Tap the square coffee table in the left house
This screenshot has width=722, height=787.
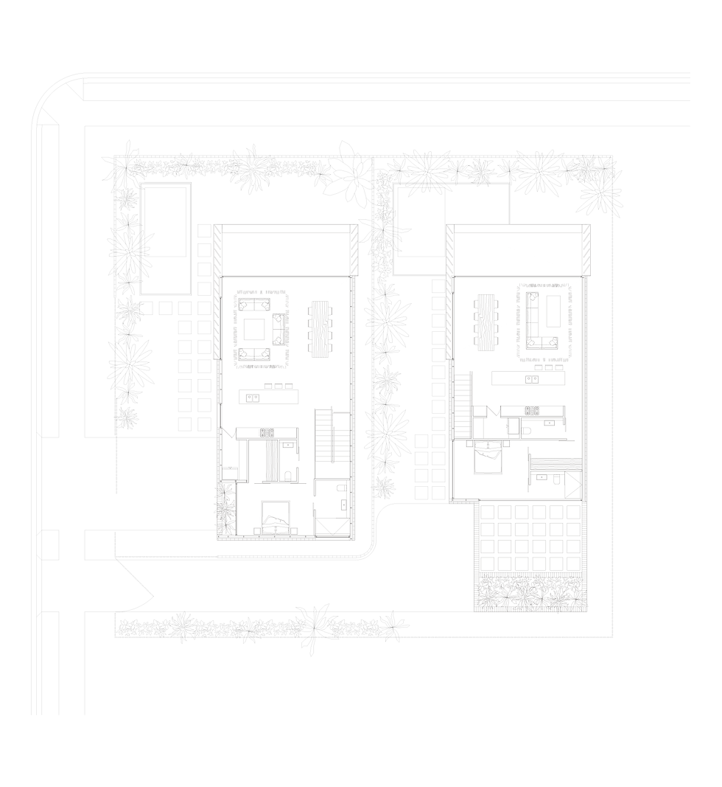click(x=254, y=329)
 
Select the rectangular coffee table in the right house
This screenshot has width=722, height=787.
click(x=553, y=311)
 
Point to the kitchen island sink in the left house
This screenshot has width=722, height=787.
click(x=253, y=398)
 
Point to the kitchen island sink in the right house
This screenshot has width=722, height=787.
click(x=532, y=379)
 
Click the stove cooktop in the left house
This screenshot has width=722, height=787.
click(x=267, y=433)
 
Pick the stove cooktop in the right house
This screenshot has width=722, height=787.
click(x=532, y=411)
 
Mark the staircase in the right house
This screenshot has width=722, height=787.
click(x=462, y=406)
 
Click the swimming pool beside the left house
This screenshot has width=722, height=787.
click(x=166, y=238)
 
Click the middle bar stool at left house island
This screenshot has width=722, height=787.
click(x=278, y=386)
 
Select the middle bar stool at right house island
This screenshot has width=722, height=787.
click(x=550, y=367)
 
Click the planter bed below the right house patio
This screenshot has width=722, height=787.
click(x=530, y=592)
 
